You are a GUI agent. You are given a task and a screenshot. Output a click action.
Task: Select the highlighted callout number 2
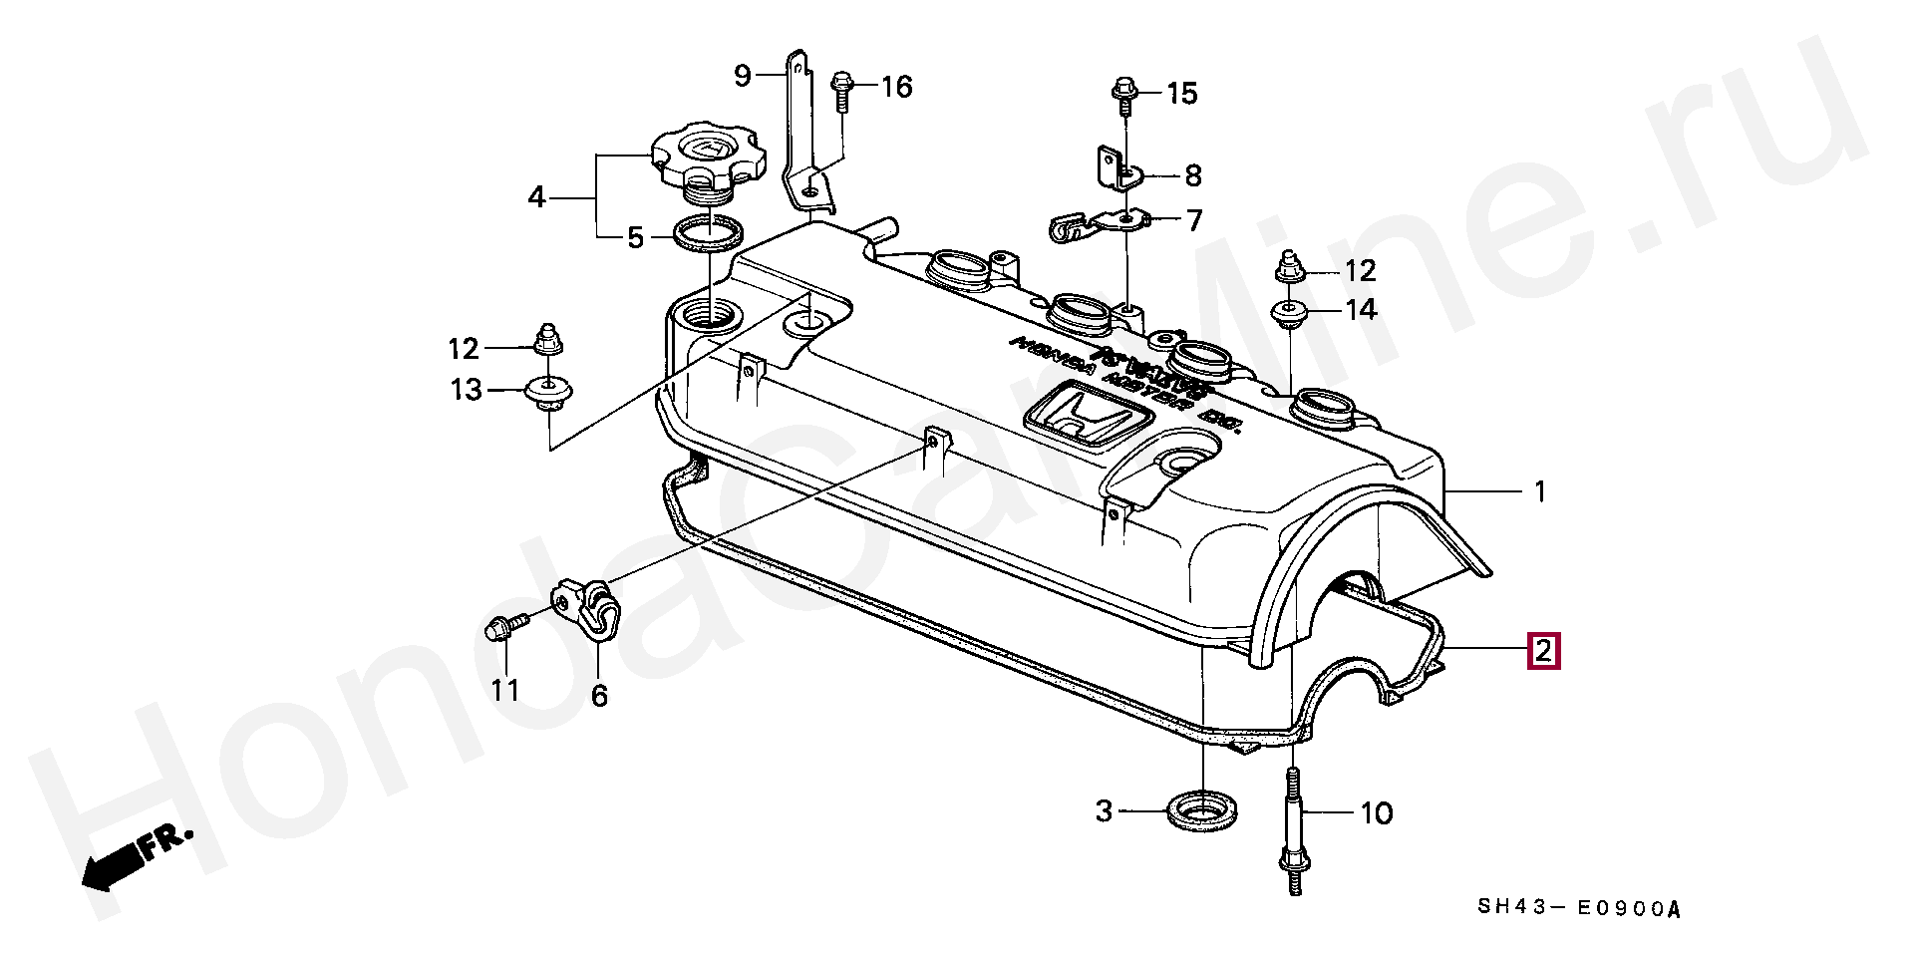[1542, 651]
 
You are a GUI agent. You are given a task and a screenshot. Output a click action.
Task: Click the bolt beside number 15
[1122, 97]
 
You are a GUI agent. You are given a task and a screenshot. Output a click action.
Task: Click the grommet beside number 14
[1291, 312]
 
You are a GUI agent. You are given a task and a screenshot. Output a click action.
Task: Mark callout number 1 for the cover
[1539, 491]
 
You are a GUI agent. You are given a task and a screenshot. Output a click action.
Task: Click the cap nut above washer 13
[546, 341]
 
